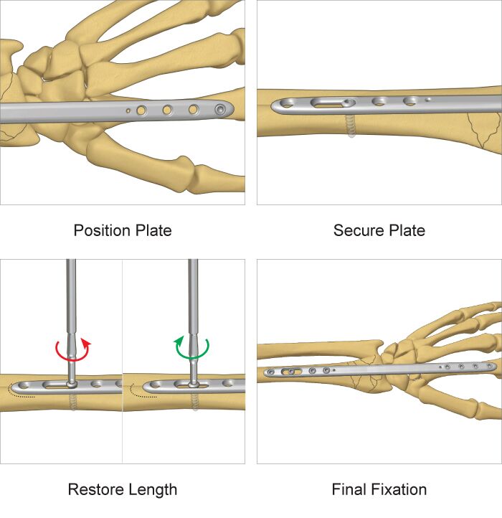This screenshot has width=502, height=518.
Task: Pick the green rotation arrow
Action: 192,351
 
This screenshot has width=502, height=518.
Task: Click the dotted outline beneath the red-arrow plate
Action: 22,392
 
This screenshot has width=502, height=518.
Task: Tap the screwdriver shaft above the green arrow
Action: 192,294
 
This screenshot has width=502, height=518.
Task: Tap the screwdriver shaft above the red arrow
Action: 71,294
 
